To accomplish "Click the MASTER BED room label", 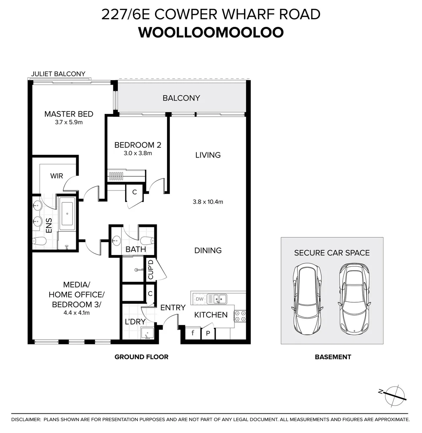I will coord(69,114).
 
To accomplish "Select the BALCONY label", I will coord(181,98).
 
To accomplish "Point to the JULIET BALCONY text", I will coord(59,74).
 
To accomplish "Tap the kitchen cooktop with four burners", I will coord(240,316).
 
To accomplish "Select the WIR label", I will coord(57,176).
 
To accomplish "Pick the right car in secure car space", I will coord(353,300).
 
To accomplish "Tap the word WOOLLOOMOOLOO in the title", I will coord(211,32).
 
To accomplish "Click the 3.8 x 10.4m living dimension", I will coord(208,202).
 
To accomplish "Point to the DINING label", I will coord(208,250).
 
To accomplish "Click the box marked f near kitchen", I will coord(193,333).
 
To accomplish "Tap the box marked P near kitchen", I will coord(208,333).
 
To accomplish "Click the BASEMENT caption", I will coord(333,357).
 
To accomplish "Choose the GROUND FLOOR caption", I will coord(141,357).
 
